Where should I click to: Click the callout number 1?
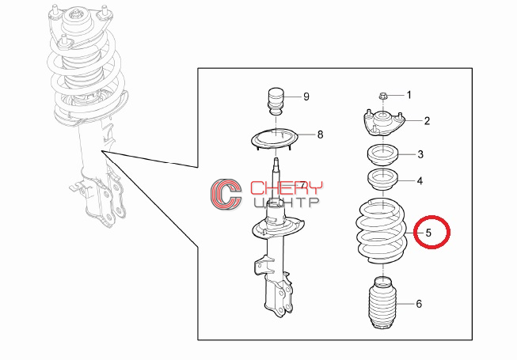pyautogui.click(x=409, y=95)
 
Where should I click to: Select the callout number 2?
pyautogui.click(x=427, y=121)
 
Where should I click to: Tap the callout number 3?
pyautogui.click(x=420, y=154)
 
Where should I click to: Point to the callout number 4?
pyautogui.click(x=420, y=181)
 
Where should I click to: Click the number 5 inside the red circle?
pyautogui.click(x=428, y=233)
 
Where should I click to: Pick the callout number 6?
pyautogui.click(x=419, y=304)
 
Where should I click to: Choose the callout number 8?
pyautogui.click(x=320, y=135)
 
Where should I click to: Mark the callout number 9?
pyautogui.click(x=306, y=97)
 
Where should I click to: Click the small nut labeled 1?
pyautogui.click(x=383, y=97)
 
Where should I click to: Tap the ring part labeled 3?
pyautogui.click(x=383, y=154)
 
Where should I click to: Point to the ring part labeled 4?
pyautogui.click(x=383, y=180)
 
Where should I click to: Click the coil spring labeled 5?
pyautogui.click(x=382, y=230)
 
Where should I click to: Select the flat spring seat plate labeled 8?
pyautogui.click(x=275, y=139)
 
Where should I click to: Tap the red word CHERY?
pyautogui.click(x=286, y=188)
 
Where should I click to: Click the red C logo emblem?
pyautogui.click(x=226, y=194)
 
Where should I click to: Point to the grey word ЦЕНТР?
pyautogui.click(x=286, y=203)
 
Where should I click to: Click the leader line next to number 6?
pyautogui.click(x=405, y=304)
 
